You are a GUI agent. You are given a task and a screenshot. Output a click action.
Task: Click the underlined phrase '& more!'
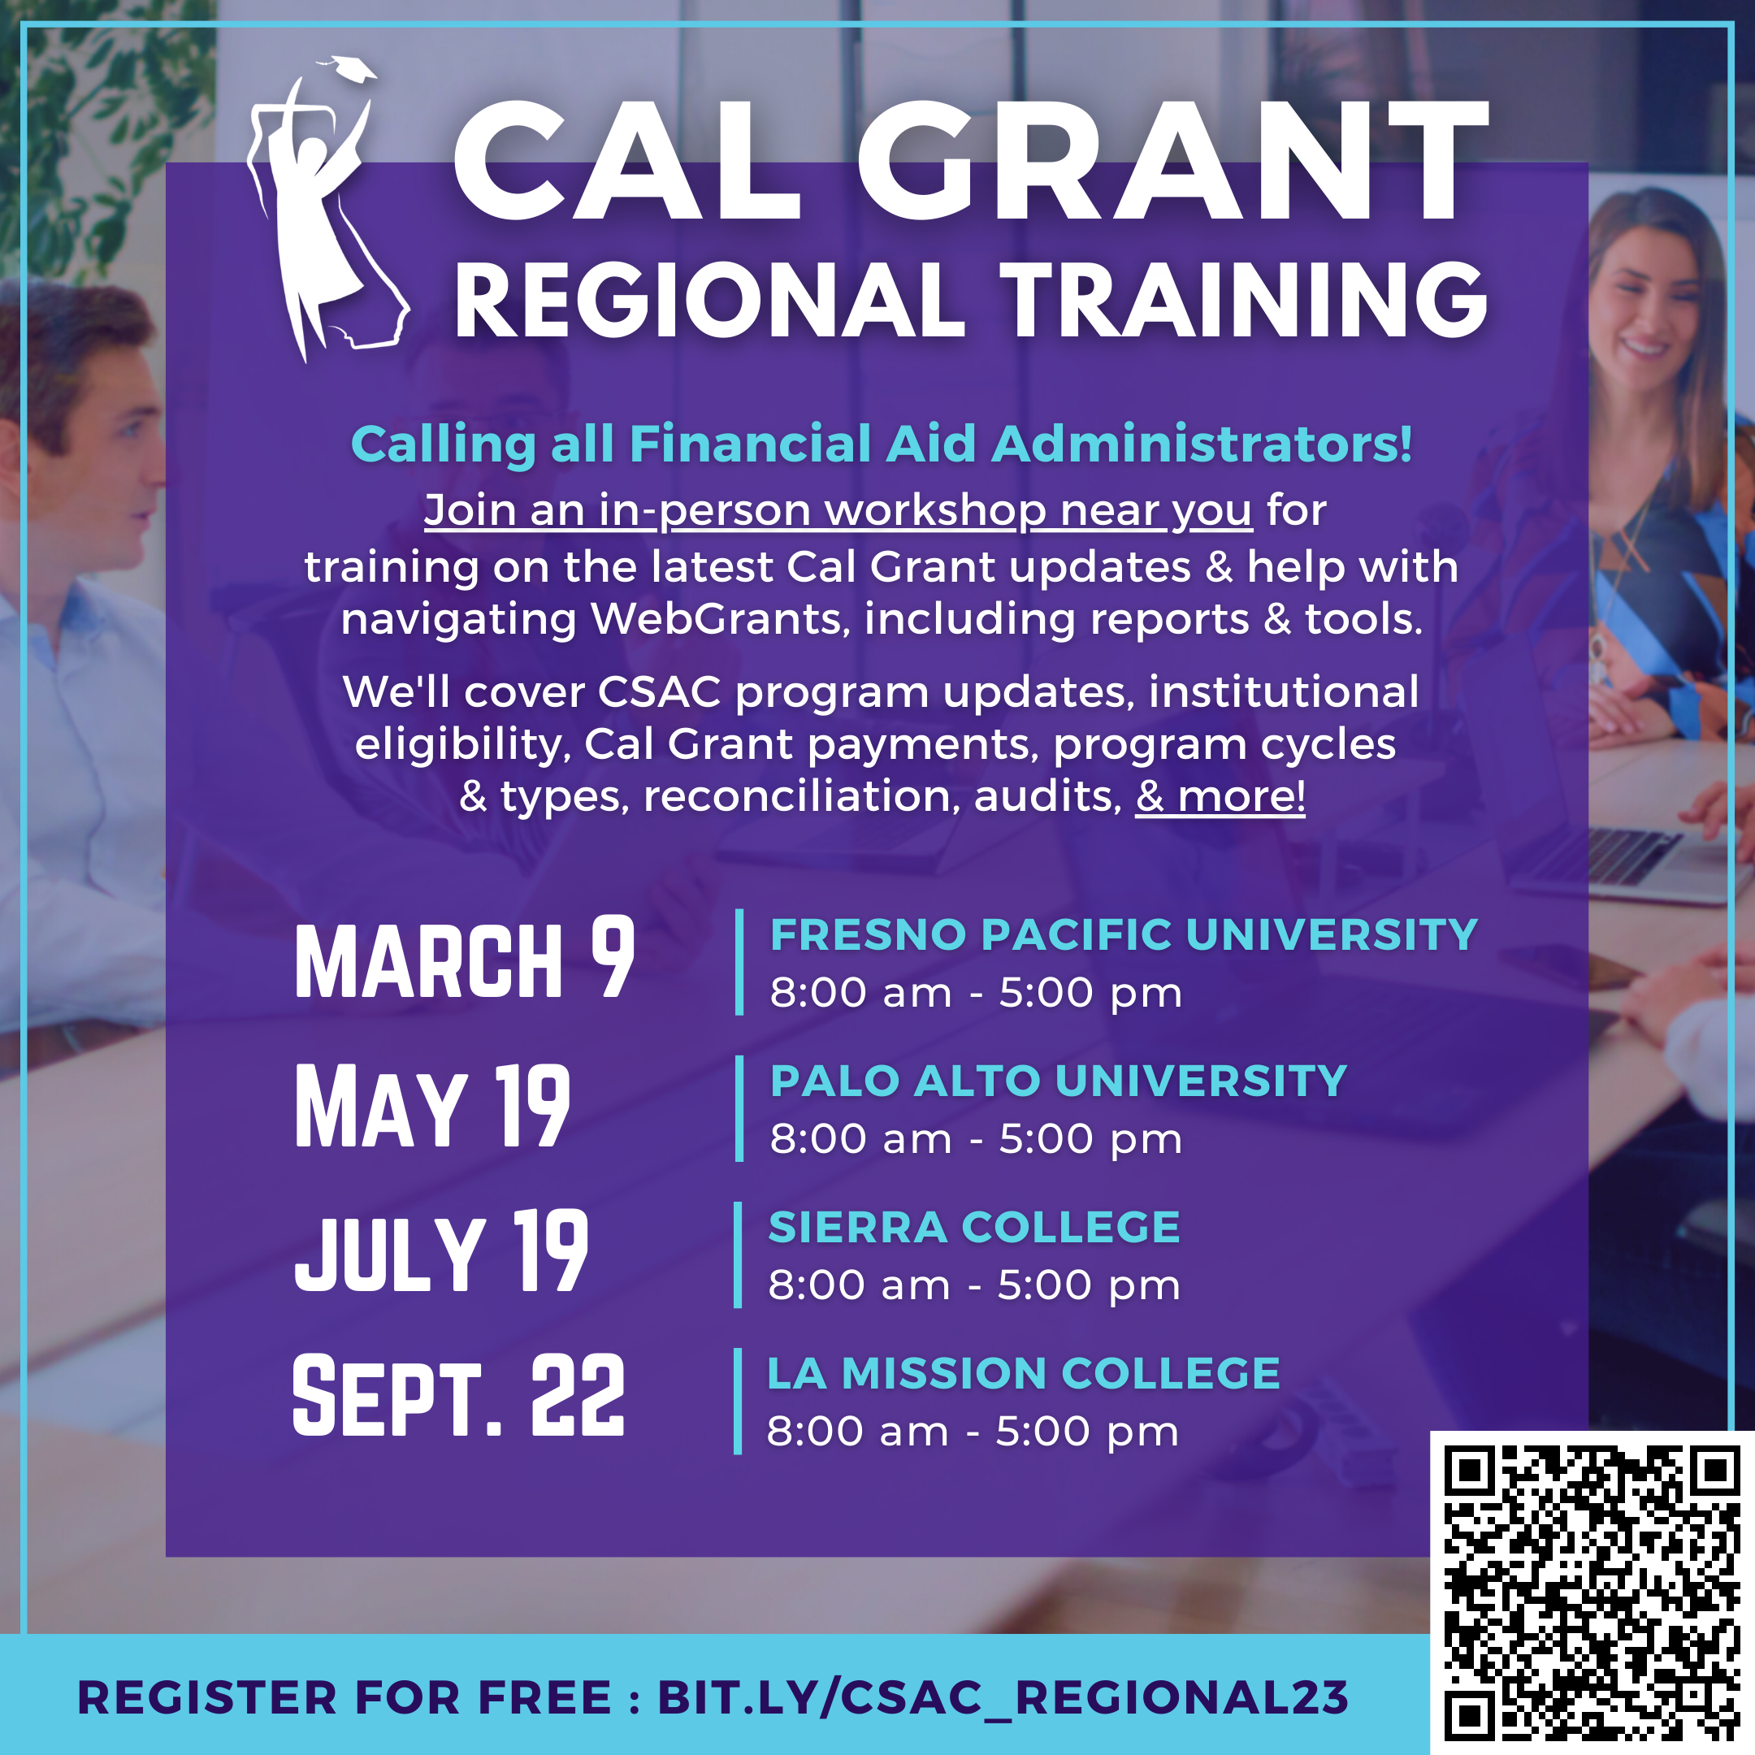(x=1220, y=795)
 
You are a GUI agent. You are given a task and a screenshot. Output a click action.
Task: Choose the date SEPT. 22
(x=459, y=1394)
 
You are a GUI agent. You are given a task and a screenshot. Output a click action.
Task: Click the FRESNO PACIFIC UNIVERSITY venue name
(x=1124, y=934)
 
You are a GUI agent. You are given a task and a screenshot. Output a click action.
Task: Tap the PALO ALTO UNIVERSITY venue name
(x=1058, y=1081)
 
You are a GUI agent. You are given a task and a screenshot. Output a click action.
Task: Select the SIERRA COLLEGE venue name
(x=974, y=1227)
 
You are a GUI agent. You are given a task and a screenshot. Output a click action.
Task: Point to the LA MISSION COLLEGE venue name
(x=1024, y=1373)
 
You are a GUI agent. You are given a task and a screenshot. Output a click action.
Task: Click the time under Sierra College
(x=974, y=1285)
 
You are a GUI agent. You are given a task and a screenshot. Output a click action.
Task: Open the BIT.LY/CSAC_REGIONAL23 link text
(x=1003, y=1698)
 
